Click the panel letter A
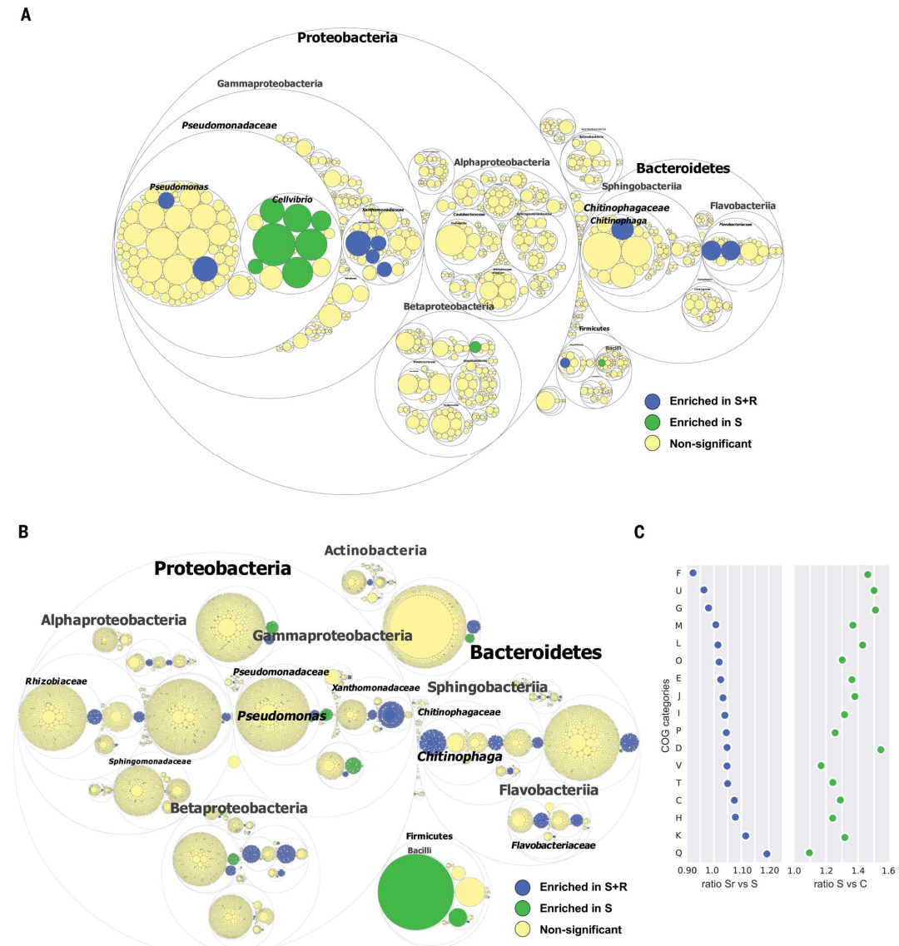pyautogui.click(x=26, y=14)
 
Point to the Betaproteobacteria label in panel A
pyautogui.click(x=449, y=306)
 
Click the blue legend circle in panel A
pyautogui.click(x=653, y=401)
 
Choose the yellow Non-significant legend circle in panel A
pyautogui.click(x=653, y=443)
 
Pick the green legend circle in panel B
pyautogui.click(x=523, y=908)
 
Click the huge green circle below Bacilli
pyautogui.click(x=415, y=891)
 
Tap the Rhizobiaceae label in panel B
pyautogui.click(x=56, y=681)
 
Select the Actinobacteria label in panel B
pyautogui.click(x=375, y=550)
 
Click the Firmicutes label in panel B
pyautogui.click(x=430, y=835)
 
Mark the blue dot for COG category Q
pyautogui.click(x=767, y=854)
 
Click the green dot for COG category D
pyautogui.click(x=881, y=750)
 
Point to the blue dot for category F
pyautogui.click(x=693, y=572)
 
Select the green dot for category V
pyautogui.click(x=822, y=765)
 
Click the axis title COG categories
pyautogui.click(x=665, y=716)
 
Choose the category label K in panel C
pyautogui.click(x=678, y=835)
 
